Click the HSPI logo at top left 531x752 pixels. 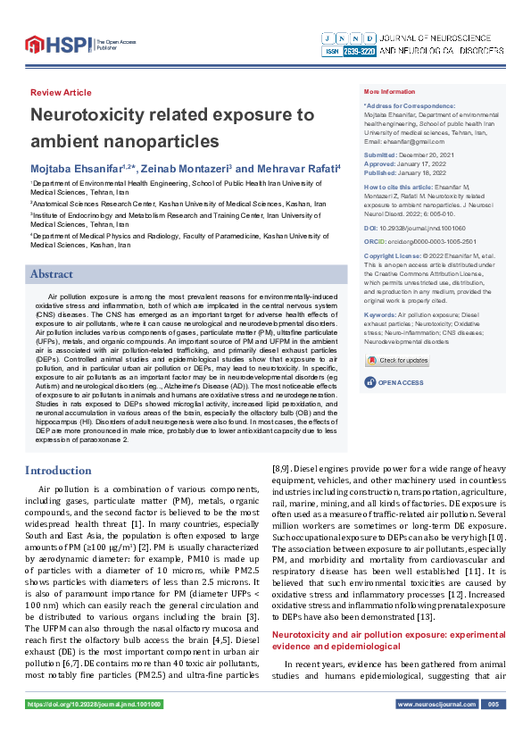58,43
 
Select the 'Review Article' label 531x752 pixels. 61,93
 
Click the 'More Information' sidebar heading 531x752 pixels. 389,92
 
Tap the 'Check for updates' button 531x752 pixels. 397,360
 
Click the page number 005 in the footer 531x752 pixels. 491,729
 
